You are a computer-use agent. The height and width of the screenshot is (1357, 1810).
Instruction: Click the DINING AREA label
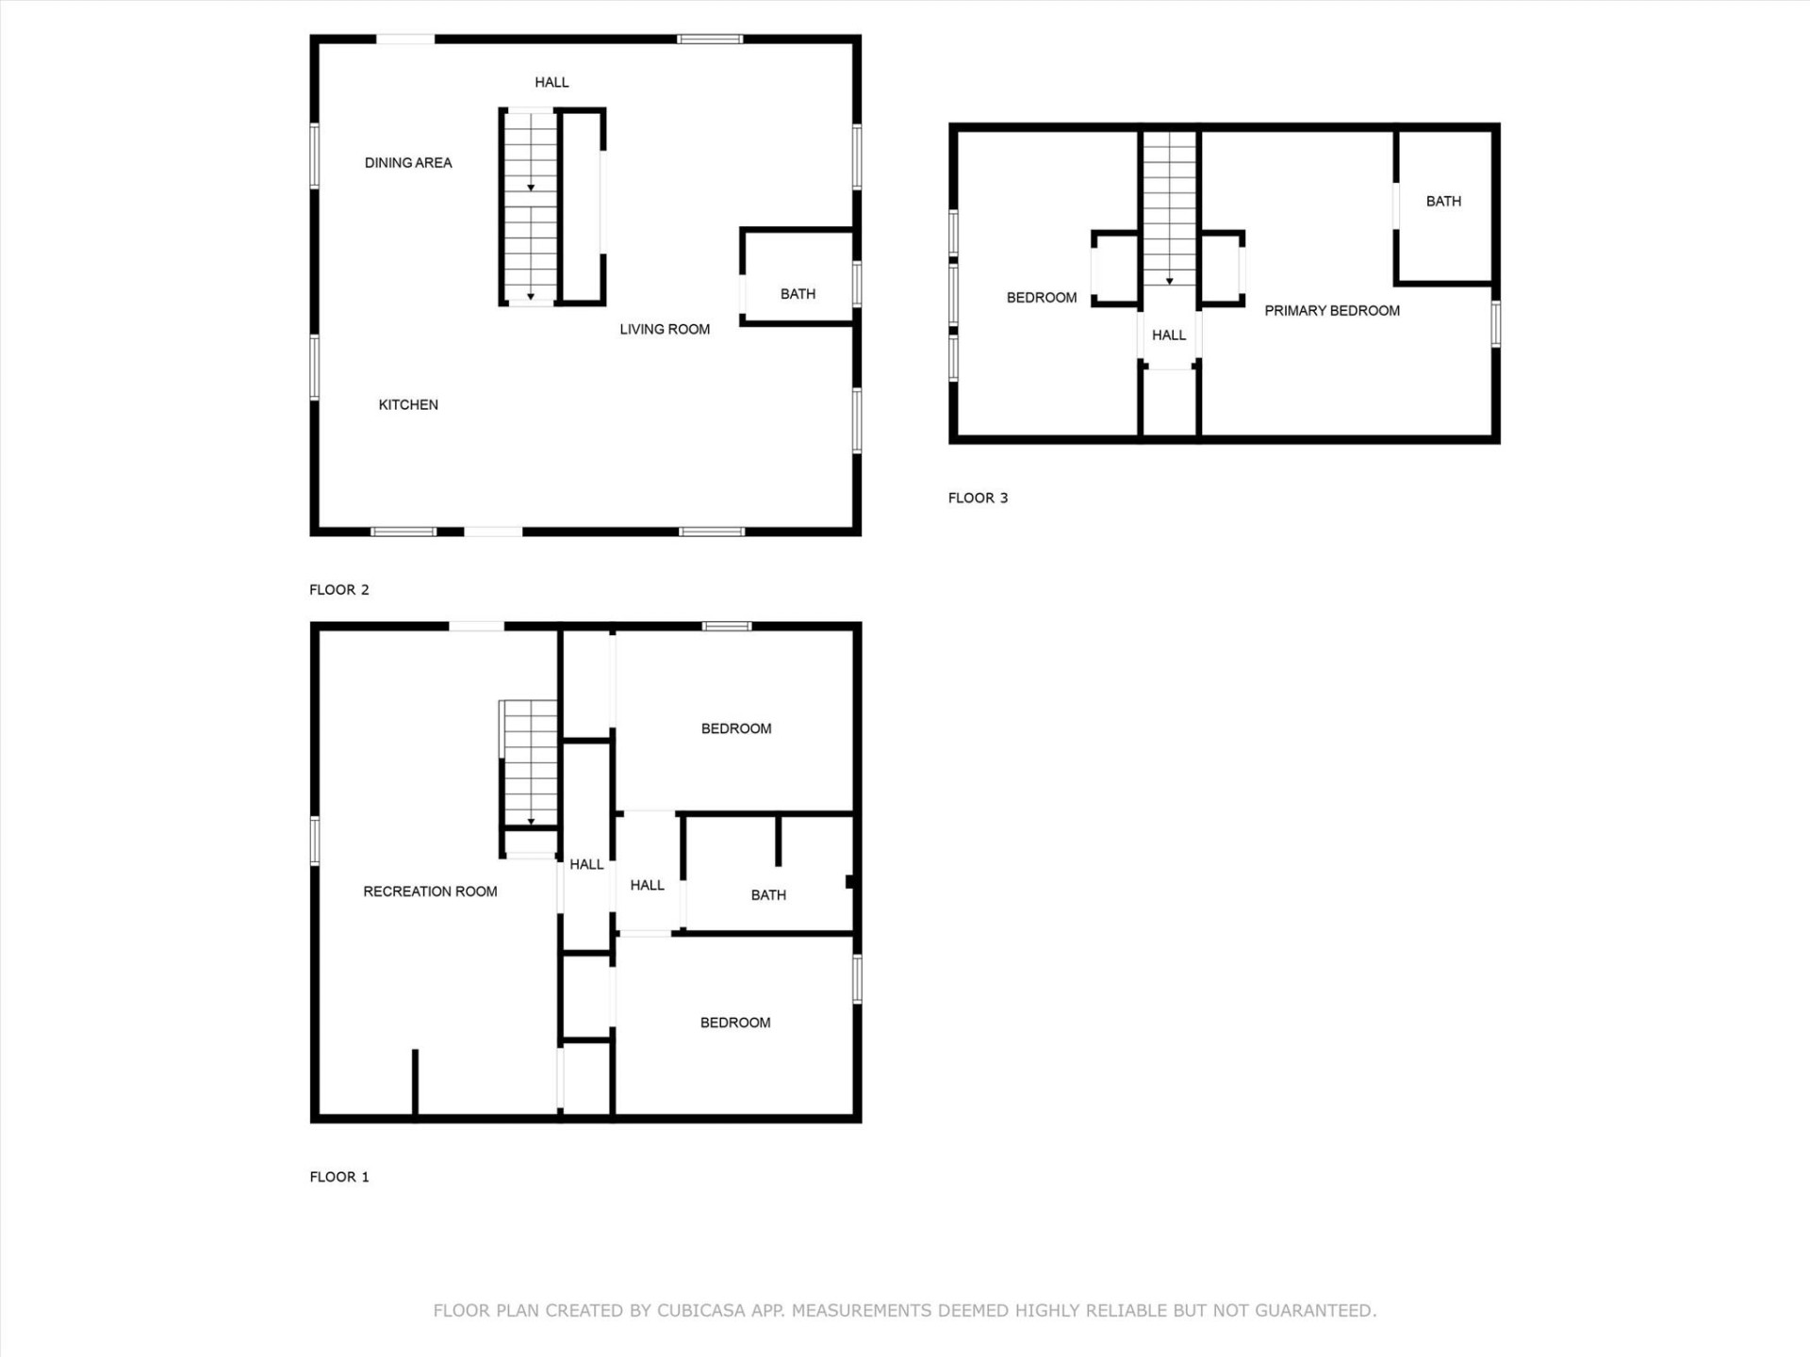(408, 163)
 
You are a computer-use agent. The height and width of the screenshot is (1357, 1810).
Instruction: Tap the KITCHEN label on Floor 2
(408, 405)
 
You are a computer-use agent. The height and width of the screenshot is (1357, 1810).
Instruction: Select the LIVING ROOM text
(665, 330)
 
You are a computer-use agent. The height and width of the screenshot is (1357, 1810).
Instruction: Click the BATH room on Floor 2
(798, 294)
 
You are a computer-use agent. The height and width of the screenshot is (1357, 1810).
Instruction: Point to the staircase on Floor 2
(530, 207)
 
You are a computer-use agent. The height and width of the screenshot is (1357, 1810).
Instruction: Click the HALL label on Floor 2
(551, 83)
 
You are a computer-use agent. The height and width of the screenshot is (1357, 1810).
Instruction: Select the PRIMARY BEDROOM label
(1331, 311)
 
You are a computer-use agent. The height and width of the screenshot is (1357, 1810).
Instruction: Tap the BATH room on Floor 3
(1443, 202)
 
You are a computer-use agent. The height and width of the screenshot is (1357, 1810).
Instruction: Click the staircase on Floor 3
(1169, 207)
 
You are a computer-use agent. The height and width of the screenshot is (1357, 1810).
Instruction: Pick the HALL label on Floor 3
(1169, 335)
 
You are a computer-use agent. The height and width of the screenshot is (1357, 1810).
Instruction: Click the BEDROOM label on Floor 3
(1041, 298)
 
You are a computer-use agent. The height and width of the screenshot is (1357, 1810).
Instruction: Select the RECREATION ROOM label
(430, 891)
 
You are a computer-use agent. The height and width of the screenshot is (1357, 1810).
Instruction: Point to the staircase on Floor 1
(530, 763)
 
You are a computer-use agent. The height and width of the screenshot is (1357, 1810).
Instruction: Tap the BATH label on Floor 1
(768, 895)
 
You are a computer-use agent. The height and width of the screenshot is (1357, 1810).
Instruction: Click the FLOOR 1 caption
(339, 1177)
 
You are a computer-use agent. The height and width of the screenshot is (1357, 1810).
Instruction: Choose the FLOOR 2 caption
(339, 590)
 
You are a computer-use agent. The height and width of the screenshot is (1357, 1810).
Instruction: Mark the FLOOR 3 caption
(978, 499)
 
